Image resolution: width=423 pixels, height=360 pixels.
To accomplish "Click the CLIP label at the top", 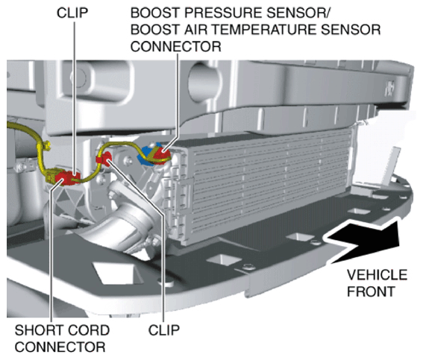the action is pos(72,13).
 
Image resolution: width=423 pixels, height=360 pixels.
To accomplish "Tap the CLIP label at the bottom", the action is pos(163,329).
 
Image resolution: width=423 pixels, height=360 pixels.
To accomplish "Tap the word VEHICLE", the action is pos(377,275).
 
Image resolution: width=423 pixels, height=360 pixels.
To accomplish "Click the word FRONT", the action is pos(371,291).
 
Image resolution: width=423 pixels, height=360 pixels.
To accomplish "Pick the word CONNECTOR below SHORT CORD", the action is pos(60,347).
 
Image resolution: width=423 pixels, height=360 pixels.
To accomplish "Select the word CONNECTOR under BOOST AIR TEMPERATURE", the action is pos(175,46).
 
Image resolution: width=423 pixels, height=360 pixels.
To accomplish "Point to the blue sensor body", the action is pos(145,156).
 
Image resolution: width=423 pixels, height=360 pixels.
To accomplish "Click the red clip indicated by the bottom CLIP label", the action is pos(104,159).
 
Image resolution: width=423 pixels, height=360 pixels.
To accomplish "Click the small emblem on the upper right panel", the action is pos(389,89).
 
